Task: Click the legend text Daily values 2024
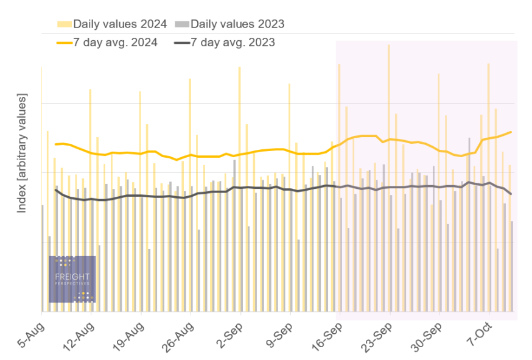[x=120, y=24]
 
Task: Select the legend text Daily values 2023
[x=237, y=24]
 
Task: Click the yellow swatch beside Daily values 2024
[x=64, y=24]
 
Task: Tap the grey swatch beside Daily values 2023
[x=181, y=24]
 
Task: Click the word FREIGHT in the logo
[x=72, y=277]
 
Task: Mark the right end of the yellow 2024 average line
[x=511, y=132]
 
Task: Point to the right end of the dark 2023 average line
[x=511, y=194]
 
